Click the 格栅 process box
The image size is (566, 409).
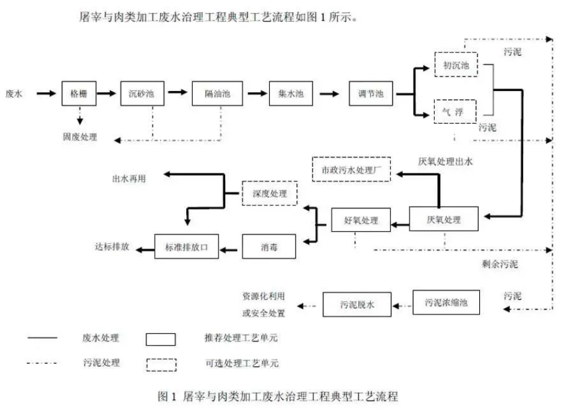coord(79,94)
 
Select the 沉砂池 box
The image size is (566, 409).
coord(142,94)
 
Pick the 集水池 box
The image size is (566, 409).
coord(290,94)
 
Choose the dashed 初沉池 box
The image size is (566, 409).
coord(455,64)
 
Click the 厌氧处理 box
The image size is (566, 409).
coord(444,219)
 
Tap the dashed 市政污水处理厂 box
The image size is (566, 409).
coord(352,169)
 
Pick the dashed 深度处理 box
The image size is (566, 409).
coord(270,193)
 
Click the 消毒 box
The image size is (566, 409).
coord(270,246)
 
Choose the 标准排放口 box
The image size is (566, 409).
coord(186,246)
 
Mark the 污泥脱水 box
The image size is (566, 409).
coord(357,305)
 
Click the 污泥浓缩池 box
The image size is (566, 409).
coord(446,302)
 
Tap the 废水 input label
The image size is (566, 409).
coord(14,94)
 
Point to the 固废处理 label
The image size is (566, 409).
coord(79,137)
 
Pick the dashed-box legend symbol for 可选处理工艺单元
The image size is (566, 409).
coord(161,364)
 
